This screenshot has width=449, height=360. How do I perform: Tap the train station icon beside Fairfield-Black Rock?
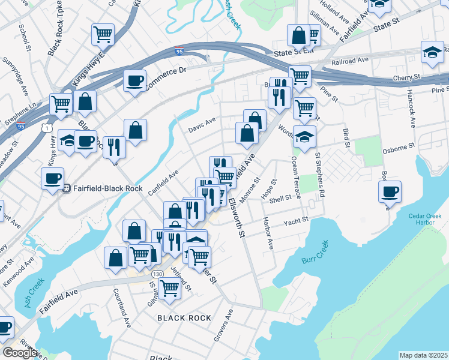(x=68, y=188)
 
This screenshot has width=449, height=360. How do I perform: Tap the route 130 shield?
(x=157, y=273)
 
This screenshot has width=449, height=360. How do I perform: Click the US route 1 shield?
(x=47, y=128)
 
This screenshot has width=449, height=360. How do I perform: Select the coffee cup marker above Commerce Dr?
(x=134, y=79)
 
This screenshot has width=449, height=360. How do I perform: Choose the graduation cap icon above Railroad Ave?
(x=432, y=52)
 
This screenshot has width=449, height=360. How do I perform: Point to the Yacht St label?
(x=297, y=220)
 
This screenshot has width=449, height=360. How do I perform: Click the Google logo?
(x=20, y=353)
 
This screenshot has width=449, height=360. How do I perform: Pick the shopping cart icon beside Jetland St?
(x=170, y=288)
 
